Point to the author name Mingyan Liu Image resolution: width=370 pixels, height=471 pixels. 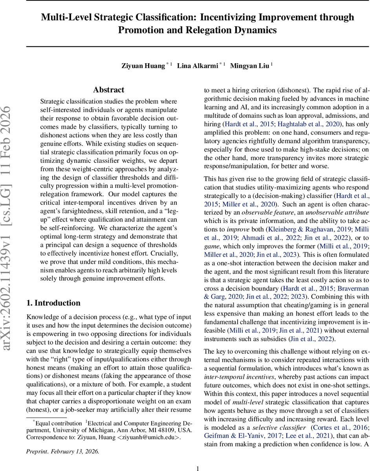pyautogui.click(x=249, y=66)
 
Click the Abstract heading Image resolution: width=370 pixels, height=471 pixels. pyautogui.click(x=108, y=90)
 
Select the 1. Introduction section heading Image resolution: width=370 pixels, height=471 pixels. pyautogui.click(x=53, y=303)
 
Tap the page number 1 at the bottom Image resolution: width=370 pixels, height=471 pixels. pyautogui.click(x=198, y=465)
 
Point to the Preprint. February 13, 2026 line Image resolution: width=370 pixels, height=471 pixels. pyautogui.click(x=62, y=451)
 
